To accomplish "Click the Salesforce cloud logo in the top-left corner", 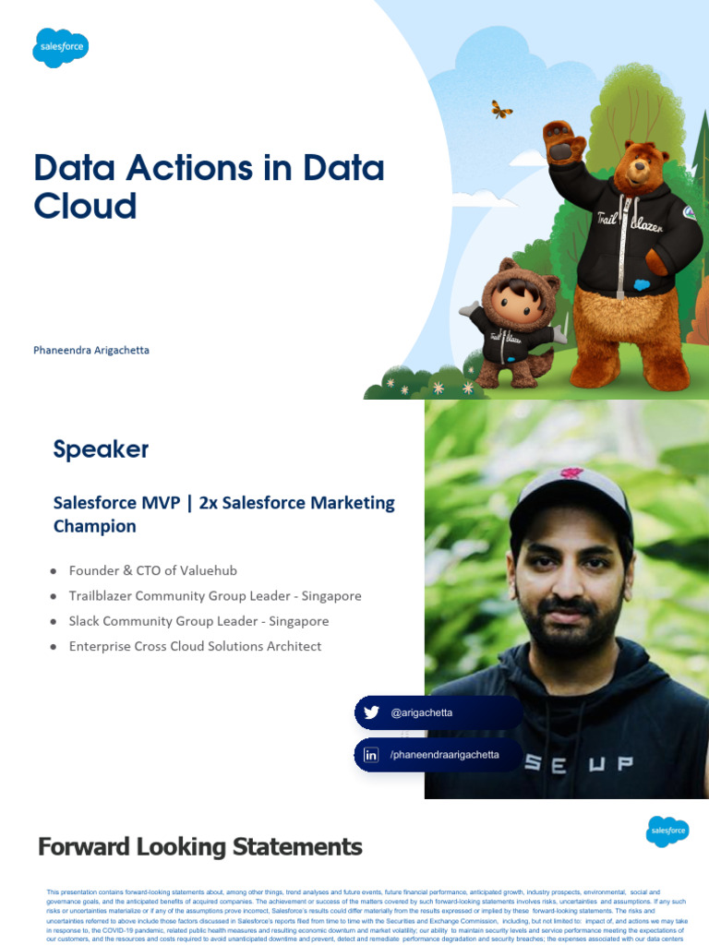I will coord(61,47).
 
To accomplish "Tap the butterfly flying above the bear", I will coord(501,110).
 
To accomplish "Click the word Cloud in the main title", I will coord(85,206).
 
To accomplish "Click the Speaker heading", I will coord(101,449).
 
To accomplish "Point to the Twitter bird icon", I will coord(371,712).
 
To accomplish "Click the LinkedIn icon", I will coord(371,755).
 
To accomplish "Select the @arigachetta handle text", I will coord(422,713).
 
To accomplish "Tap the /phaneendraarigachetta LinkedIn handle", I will coord(444,755).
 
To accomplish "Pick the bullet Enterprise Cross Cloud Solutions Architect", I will coord(195,646).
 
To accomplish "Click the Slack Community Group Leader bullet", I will coord(198,621).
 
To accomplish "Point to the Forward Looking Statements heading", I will coord(199,846).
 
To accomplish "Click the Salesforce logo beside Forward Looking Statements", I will coord(667,831).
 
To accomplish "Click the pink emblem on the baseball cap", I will coord(571,473).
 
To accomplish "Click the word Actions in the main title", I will coord(174,169).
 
